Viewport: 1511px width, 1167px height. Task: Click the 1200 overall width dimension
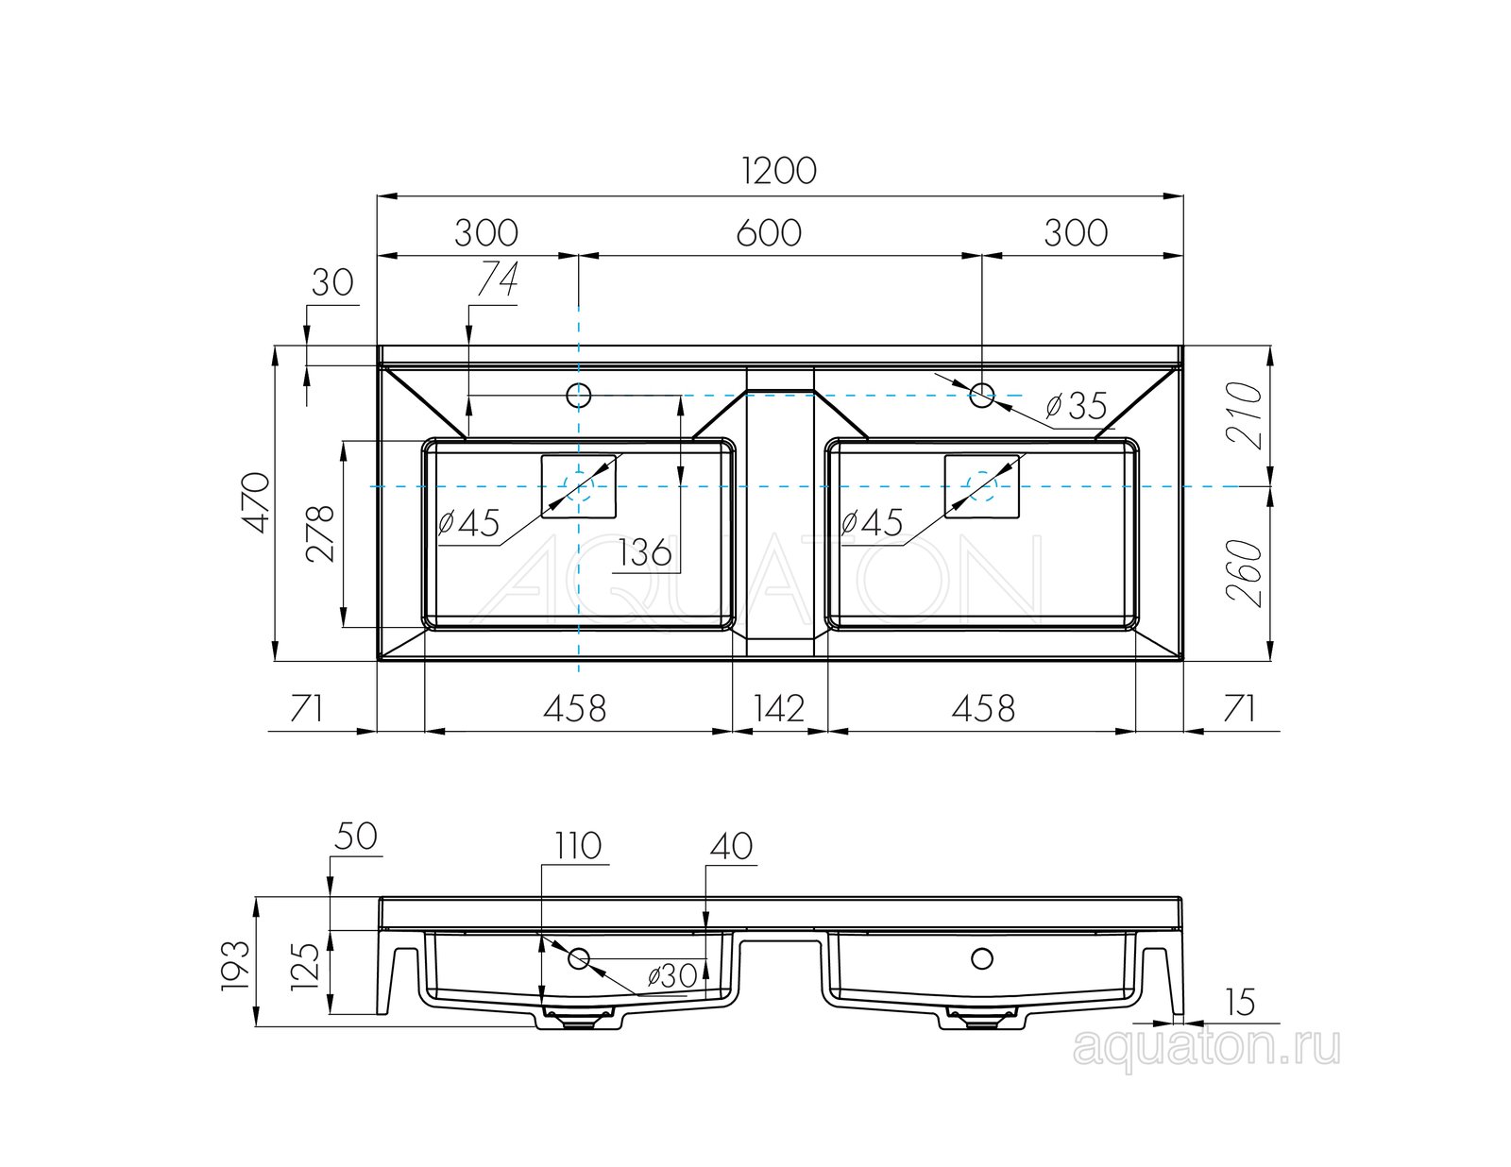[779, 171]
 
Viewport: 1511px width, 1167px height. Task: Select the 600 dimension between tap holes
[769, 233]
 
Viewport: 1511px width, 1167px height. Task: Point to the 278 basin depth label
[320, 533]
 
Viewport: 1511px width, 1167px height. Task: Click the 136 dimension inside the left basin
[645, 552]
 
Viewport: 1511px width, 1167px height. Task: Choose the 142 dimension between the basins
[779, 708]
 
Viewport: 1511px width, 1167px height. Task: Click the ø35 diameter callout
[1077, 405]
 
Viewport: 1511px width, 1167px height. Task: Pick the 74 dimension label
[498, 280]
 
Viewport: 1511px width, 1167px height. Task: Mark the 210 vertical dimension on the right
[1245, 414]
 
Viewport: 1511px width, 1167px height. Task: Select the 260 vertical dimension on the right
[1245, 573]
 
